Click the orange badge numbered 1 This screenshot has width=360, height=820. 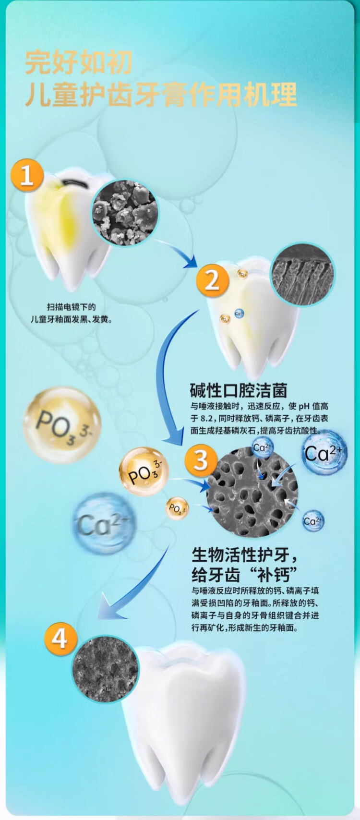[27, 175]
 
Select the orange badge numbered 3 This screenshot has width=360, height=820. [201, 459]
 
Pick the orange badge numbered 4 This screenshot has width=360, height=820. [60, 639]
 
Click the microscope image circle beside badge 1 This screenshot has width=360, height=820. [124, 213]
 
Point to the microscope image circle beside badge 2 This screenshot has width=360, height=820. [302, 275]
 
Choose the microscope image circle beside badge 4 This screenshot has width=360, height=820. [105, 669]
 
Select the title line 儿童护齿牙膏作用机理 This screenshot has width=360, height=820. [161, 94]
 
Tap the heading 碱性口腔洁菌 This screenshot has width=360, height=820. [239, 390]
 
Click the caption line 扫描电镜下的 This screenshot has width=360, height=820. [71, 307]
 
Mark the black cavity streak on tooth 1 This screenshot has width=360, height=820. [75, 183]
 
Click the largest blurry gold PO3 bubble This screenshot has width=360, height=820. [62, 425]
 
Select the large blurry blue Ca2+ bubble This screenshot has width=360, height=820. [104, 524]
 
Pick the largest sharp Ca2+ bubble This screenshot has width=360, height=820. [324, 453]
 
